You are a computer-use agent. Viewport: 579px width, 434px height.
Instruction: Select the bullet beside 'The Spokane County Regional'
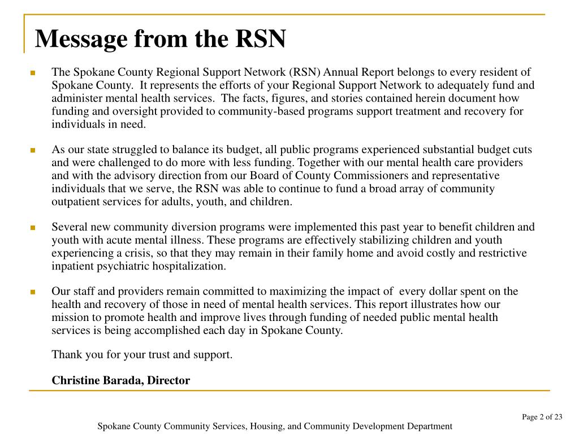point(33,73)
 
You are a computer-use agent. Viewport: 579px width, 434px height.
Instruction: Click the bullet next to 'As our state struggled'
point(33,150)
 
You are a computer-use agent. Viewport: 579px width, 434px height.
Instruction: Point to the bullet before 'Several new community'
point(33,228)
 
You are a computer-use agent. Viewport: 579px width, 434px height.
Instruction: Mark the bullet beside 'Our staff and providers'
point(33,292)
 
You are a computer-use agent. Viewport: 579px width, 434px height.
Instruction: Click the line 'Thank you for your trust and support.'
point(142,355)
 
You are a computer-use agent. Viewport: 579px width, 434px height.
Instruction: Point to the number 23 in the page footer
point(558,417)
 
